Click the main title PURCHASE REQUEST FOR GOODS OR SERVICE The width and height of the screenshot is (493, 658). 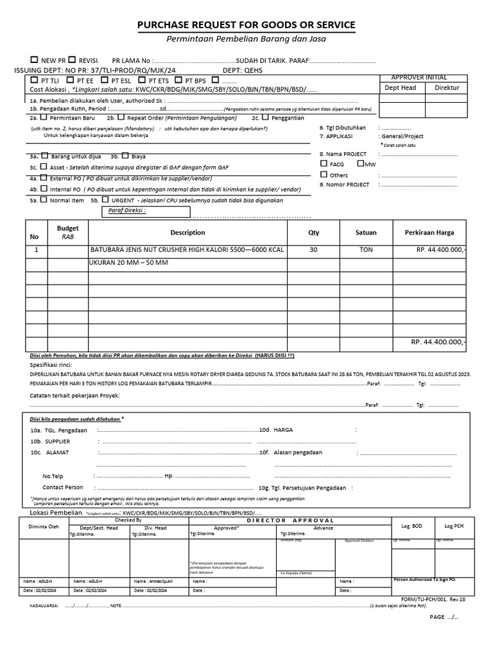point(246,25)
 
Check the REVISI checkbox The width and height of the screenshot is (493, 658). point(72,60)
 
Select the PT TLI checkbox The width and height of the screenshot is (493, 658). point(33,80)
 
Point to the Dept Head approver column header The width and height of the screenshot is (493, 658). point(400,88)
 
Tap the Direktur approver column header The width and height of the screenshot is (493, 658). point(447,88)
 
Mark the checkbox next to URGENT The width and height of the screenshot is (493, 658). point(104,200)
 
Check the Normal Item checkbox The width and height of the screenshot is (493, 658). point(44,200)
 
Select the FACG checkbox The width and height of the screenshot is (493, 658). point(324,164)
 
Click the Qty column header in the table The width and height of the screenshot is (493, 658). point(313,233)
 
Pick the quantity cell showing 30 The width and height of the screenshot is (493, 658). point(313,250)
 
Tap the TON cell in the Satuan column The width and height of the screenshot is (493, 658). point(366,250)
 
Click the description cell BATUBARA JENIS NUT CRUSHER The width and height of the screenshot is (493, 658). point(187,250)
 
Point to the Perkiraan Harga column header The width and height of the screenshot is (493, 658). point(429,233)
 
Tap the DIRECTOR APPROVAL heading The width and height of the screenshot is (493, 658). point(291,520)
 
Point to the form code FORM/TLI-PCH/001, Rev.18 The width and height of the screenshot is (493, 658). point(433,598)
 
